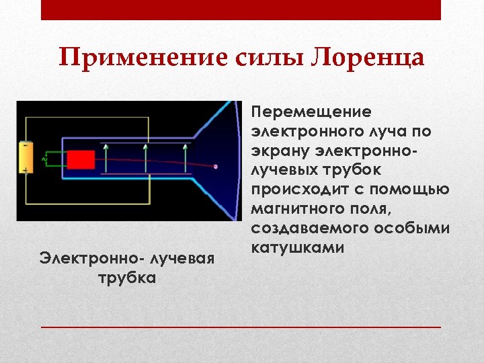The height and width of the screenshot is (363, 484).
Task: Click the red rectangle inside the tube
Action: point(80,160)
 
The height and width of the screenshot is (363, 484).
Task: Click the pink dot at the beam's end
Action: point(215,166)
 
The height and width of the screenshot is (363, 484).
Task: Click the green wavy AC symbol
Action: point(45,159)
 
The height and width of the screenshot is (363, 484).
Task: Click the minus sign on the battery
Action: point(25,145)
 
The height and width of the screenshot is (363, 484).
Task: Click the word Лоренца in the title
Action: point(368,58)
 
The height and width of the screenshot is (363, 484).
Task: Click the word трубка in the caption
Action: point(127,278)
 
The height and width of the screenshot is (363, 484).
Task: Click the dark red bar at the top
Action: point(241,10)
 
